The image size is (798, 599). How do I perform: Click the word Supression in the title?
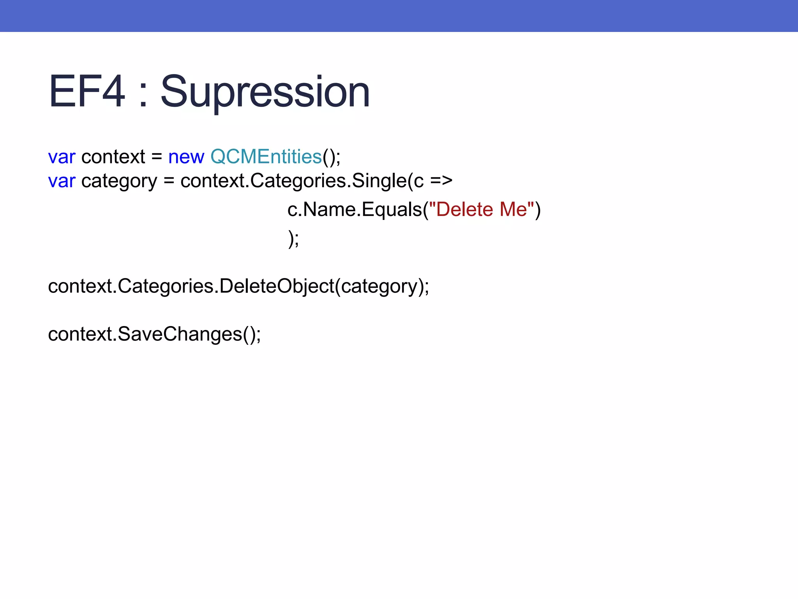coord(265,92)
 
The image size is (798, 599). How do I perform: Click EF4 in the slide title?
coord(87,92)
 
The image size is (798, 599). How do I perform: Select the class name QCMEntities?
coord(266,157)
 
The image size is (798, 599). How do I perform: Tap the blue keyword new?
coord(186,157)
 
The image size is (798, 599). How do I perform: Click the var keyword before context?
coord(62,157)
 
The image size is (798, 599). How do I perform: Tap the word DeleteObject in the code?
coord(277,286)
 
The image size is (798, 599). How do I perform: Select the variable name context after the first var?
coord(113,157)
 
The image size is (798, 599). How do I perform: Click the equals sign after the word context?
coord(157,157)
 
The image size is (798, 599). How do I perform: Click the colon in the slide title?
coord(143,96)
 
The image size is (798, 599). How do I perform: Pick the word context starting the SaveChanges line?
coord(80,334)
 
